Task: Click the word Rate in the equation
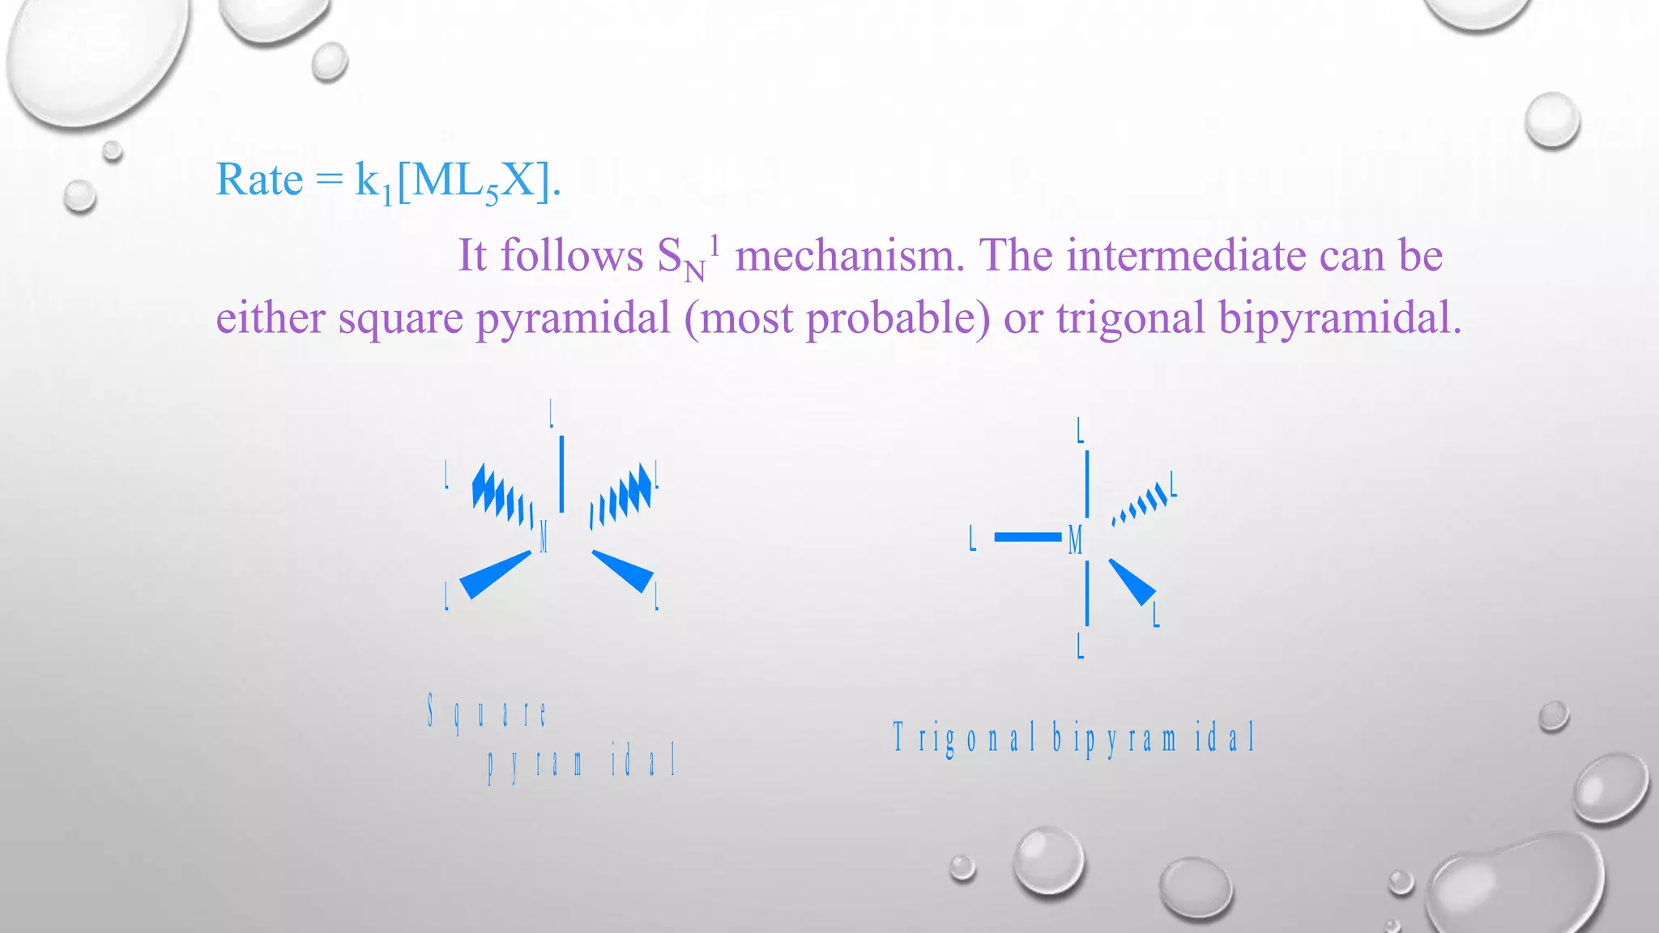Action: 259,180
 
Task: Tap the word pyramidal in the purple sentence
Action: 573,317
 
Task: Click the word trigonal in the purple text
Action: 1130,317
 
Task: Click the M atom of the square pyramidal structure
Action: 544,536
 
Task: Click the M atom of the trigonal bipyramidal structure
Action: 1075,539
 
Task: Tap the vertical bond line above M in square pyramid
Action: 561,474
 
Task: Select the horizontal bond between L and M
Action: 1027,537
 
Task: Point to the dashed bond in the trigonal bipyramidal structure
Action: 1141,505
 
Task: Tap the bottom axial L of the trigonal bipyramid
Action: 1080,646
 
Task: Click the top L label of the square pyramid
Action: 552,413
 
